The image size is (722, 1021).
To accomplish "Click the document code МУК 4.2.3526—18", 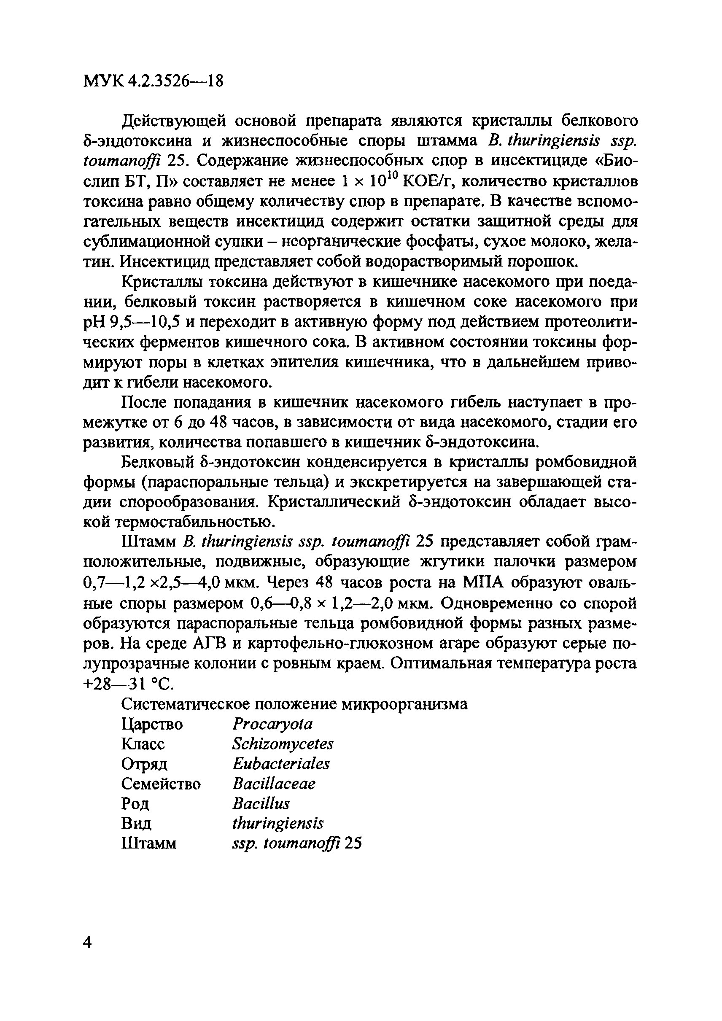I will (153, 81).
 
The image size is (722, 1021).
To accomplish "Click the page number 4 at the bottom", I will (88, 942).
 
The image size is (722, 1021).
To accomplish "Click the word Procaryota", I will (272, 725).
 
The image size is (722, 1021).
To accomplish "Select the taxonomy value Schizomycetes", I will (282, 744).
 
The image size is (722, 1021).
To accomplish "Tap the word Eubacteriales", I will (280, 764).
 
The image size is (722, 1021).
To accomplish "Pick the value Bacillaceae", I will (273, 784).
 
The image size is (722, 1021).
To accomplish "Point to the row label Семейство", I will (161, 784).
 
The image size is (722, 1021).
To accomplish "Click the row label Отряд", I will (144, 765).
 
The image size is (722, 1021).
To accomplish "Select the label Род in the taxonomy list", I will (135, 804).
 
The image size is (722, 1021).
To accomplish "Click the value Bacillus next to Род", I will (261, 803).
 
